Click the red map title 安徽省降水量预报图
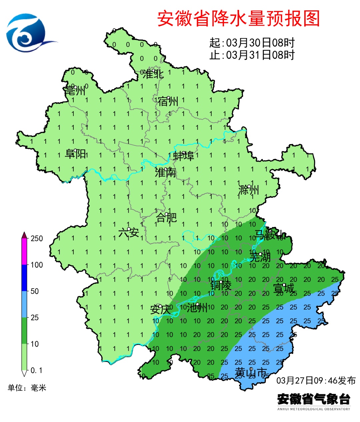(238, 18)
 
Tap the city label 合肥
(166, 218)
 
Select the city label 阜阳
(76, 154)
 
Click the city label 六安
(129, 232)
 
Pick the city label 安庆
(160, 310)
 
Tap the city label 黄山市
(251, 372)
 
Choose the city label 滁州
(249, 190)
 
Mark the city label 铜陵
(221, 285)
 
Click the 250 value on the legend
(37, 239)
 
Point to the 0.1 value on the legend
(36, 370)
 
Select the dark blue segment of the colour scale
(24, 278)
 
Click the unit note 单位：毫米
(27, 388)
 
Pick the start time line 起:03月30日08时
(252, 43)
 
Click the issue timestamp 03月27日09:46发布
(316, 381)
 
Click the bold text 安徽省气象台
(314, 399)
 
